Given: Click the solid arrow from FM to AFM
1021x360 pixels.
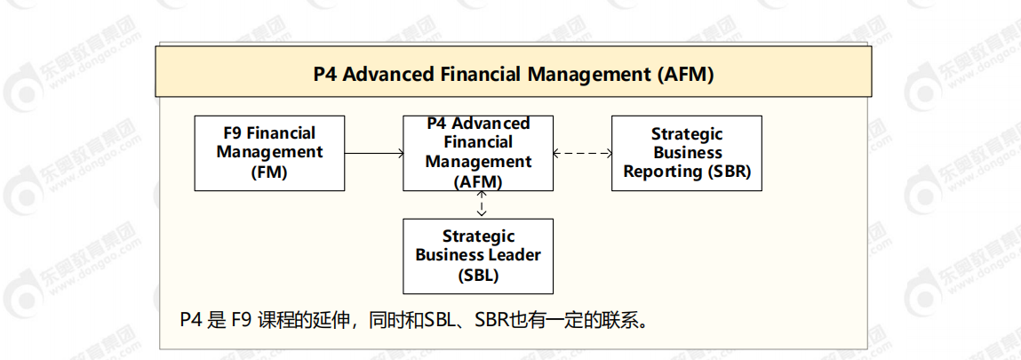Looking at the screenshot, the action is [374, 153].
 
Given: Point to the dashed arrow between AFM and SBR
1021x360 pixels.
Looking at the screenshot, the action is [583, 153].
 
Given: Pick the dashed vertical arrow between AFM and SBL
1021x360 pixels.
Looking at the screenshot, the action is [481, 204].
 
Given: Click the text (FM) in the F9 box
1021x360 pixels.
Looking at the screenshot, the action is [269, 172].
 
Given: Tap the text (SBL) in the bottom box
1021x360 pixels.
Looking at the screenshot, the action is [478, 275].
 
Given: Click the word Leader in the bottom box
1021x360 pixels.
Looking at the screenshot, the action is [518, 254].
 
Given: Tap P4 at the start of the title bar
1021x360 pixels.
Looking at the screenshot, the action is [325, 74].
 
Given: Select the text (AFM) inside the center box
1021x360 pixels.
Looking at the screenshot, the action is [479, 183].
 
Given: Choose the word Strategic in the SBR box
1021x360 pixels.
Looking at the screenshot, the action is [687, 133].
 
